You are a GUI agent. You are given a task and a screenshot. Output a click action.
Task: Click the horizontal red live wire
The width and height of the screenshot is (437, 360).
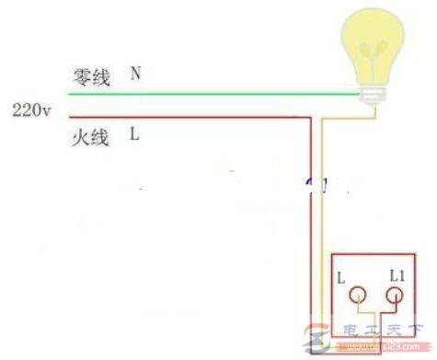(x=184, y=117)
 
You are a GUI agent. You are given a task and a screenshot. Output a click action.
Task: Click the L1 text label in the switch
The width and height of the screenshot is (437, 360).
(x=398, y=275)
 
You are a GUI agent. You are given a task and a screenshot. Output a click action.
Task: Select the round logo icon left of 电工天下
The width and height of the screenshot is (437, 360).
(x=335, y=340)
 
